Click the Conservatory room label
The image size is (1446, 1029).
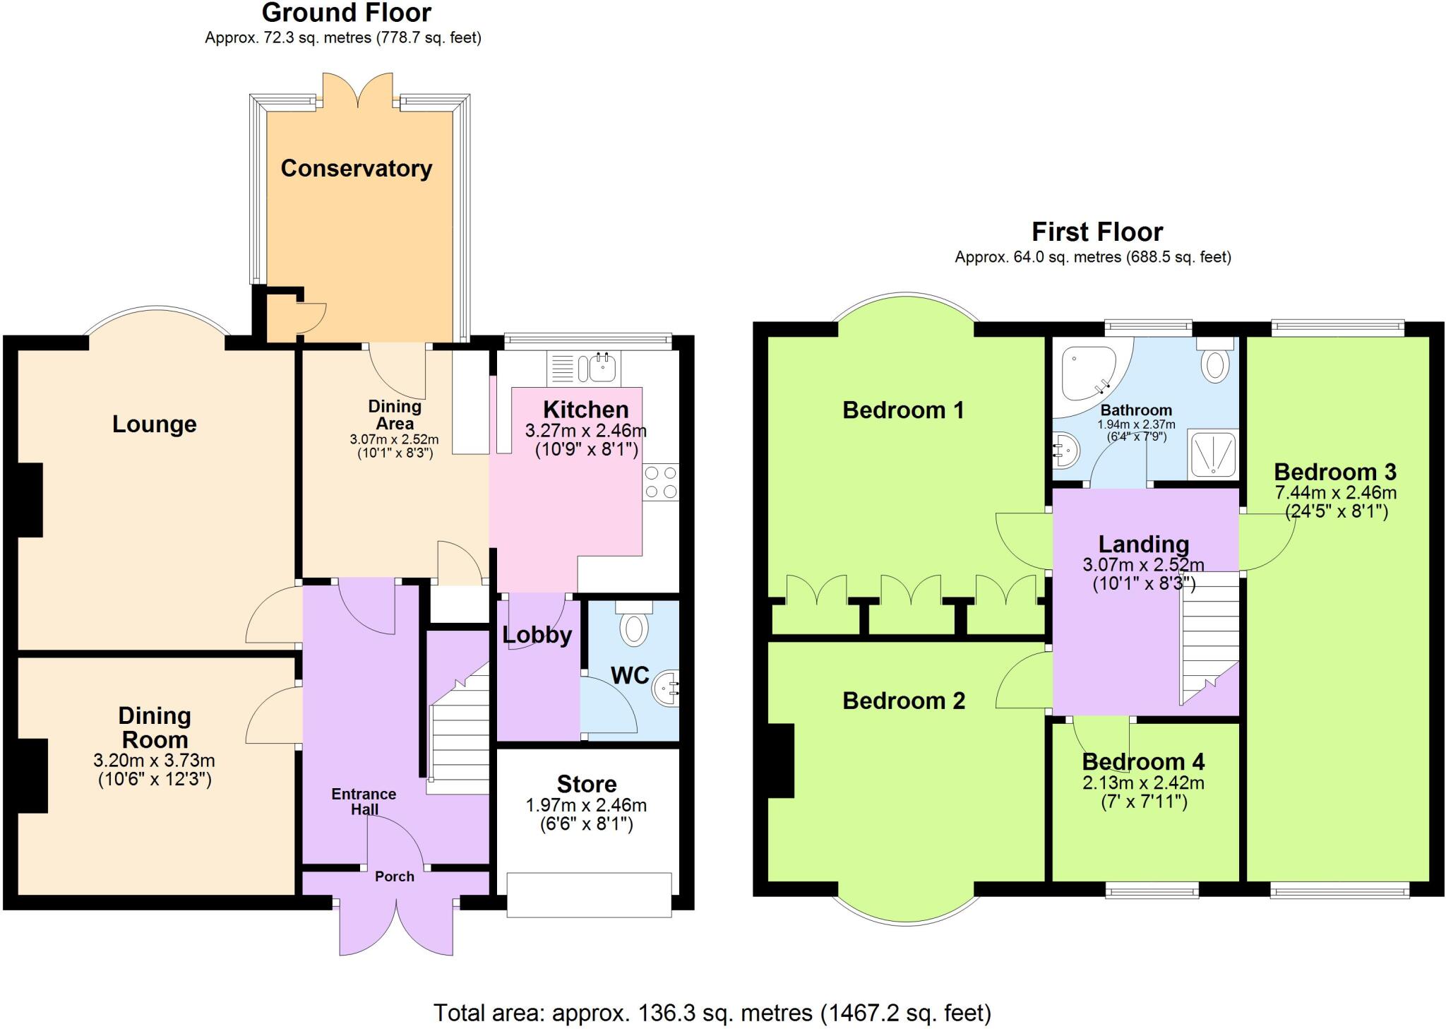point(356,168)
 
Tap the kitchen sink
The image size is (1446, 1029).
point(600,368)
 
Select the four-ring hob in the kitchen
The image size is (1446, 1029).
point(661,482)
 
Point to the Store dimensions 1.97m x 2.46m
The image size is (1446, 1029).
point(586,805)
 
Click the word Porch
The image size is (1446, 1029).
point(394,876)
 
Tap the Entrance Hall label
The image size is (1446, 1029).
point(364,802)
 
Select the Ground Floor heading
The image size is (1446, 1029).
point(346,13)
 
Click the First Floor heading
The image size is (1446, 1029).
point(1097,232)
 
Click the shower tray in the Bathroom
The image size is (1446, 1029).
point(1212,453)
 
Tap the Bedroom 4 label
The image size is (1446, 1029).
point(1143,762)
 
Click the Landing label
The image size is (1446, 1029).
point(1143,544)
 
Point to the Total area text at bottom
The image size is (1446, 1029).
point(712,1013)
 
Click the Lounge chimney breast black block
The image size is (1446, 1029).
point(30,500)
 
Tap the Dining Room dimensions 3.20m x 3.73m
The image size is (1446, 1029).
point(154,761)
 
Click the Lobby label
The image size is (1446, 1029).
point(537,635)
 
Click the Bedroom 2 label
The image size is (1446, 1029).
point(903,701)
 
